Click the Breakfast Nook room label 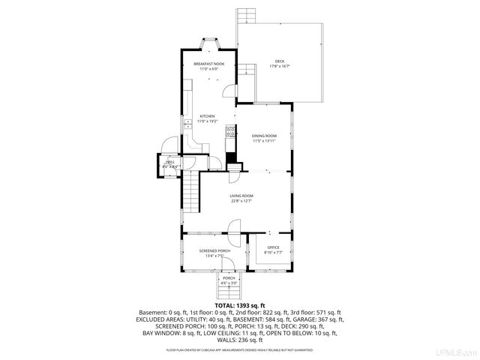point(208,64)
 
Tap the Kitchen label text point(207,116)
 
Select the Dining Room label point(264,136)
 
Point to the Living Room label point(241,196)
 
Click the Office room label point(273,247)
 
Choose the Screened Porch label point(214,250)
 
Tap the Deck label point(279,61)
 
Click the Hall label point(170,161)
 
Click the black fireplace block point(231,158)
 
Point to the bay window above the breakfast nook point(208,43)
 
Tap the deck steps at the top point(247,17)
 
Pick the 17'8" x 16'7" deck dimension point(279,67)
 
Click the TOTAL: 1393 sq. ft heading point(239,306)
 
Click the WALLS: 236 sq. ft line point(239,340)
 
